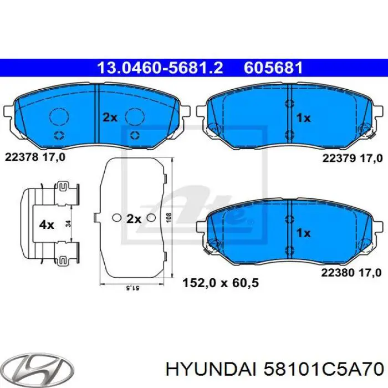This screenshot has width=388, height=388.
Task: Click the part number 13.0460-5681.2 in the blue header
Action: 160,68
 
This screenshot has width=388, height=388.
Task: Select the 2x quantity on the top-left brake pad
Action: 110,117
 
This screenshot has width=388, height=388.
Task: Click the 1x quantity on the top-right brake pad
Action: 303,118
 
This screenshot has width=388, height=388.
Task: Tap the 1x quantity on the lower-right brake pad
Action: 303,233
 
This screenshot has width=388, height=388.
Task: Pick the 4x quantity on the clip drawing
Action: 47,224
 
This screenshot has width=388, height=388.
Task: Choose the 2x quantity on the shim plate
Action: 134,219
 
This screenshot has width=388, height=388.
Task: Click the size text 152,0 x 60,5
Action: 221,283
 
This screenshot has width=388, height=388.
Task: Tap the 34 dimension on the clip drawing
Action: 68,224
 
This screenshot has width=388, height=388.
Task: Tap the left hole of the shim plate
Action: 116,218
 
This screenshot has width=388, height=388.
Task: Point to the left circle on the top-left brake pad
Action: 58,116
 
